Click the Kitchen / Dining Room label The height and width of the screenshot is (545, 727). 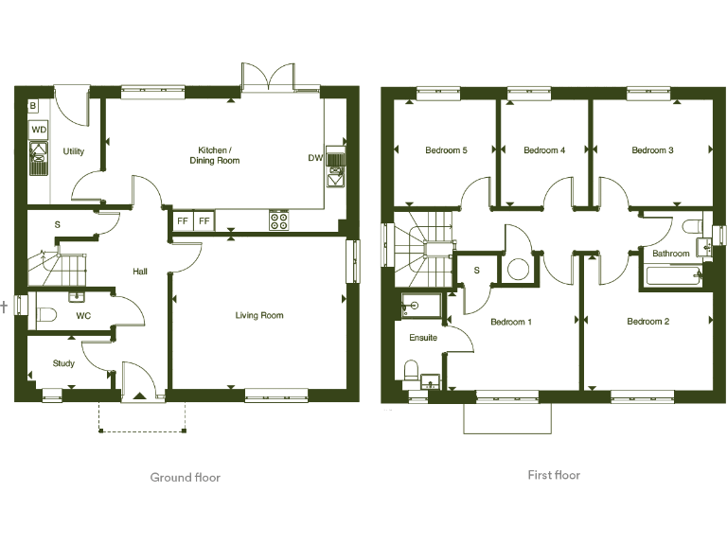point(219,155)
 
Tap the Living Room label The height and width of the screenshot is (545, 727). point(259,315)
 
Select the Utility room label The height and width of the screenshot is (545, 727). point(74,151)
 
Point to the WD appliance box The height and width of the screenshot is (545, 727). point(39,129)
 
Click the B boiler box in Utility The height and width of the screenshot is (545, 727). point(33,106)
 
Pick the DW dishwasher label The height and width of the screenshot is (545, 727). point(315,158)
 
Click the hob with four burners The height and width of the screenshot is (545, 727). point(279,220)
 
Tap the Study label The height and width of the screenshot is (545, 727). point(63,363)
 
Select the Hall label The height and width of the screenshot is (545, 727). point(140,272)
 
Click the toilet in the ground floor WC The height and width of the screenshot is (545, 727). point(44,315)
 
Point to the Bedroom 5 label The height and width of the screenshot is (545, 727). point(446,150)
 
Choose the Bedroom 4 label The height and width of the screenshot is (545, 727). point(544,150)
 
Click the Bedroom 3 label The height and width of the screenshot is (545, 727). point(652,150)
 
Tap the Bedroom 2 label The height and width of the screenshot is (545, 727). point(648,322)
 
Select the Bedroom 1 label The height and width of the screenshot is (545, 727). point(511,322)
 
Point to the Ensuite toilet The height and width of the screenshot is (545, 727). point(413,370)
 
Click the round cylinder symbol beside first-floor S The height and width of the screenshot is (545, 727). point(518,269)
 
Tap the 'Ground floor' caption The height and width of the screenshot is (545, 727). point(186,478)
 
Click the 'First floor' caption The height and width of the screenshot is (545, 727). point(554,475)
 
